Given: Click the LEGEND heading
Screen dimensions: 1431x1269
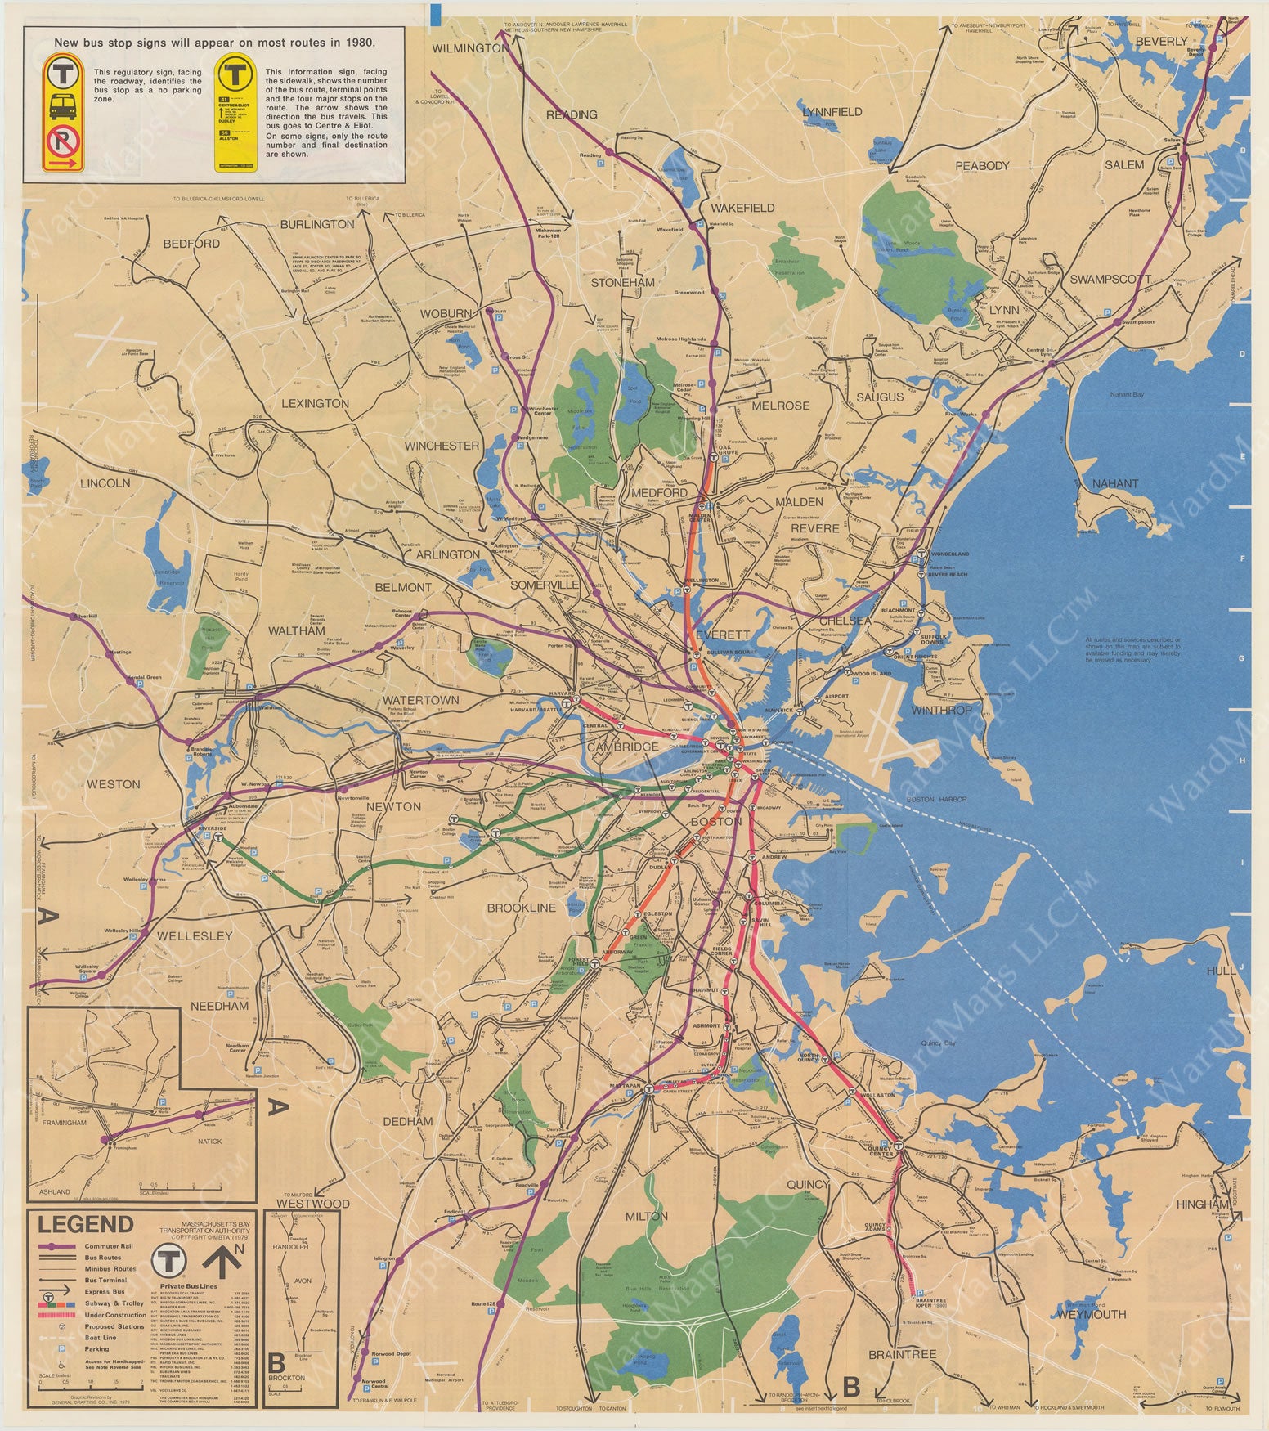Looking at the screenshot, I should [x=85, y=1224].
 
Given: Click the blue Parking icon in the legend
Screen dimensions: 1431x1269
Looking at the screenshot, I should [x=49, y=1348].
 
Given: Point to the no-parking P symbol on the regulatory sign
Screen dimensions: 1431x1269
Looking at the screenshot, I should [x=62, y=141].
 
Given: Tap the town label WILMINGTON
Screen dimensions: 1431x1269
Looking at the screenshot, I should [x=470, y=48].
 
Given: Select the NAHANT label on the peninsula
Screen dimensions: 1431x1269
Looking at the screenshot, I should [x=1115, y=483].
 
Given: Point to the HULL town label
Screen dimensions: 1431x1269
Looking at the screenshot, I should [x=1221, y=971].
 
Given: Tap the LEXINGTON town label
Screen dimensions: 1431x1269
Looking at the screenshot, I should [x=315, y=403].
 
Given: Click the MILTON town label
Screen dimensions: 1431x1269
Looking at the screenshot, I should [x=646, y=1216].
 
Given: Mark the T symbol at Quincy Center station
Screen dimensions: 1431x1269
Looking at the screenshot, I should [x=899, y=1146].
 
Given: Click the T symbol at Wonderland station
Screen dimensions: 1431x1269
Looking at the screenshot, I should [x=921, y=554].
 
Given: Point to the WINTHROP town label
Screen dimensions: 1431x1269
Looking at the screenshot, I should [x=941, y=710].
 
